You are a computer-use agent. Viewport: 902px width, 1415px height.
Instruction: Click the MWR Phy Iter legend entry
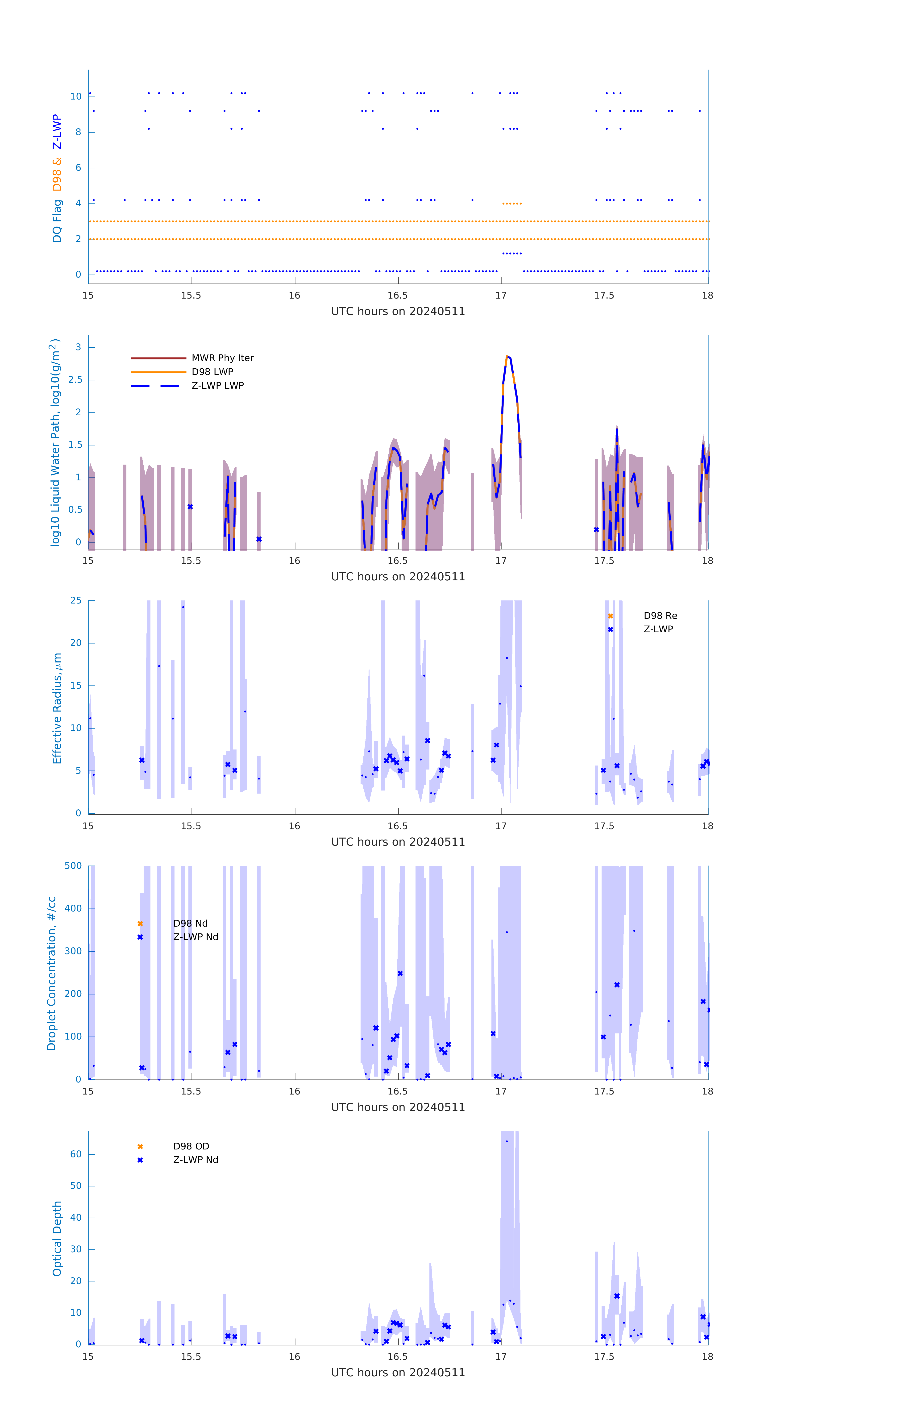[x=222, y=358]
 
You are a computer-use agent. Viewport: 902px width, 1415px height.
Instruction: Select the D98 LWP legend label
[x=212, y=372]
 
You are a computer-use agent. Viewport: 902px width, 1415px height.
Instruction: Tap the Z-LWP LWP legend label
[x=217, y=386]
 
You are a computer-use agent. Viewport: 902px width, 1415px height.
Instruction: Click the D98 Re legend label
[x=660, y=616]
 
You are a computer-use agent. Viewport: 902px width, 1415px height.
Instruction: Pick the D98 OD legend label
[x=191, y=1146]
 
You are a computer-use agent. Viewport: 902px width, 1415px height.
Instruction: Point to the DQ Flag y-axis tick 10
[x=76, y=96]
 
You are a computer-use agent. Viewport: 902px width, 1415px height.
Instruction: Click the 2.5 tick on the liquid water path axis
[x=75, y=380]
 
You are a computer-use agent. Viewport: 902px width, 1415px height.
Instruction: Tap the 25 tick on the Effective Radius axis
[x=76, y=601]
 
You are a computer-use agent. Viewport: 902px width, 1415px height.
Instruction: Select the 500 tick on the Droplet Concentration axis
[x=73, y=866]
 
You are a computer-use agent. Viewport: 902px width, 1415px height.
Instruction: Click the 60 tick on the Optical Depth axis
[x=76, y=1154]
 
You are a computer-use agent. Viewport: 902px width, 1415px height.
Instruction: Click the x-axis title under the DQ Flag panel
[x=398, y=312]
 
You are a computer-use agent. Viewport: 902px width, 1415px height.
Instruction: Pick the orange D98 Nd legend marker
[x=140, y=924]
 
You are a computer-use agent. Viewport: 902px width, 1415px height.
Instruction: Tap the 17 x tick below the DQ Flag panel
[x=501, y=295]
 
